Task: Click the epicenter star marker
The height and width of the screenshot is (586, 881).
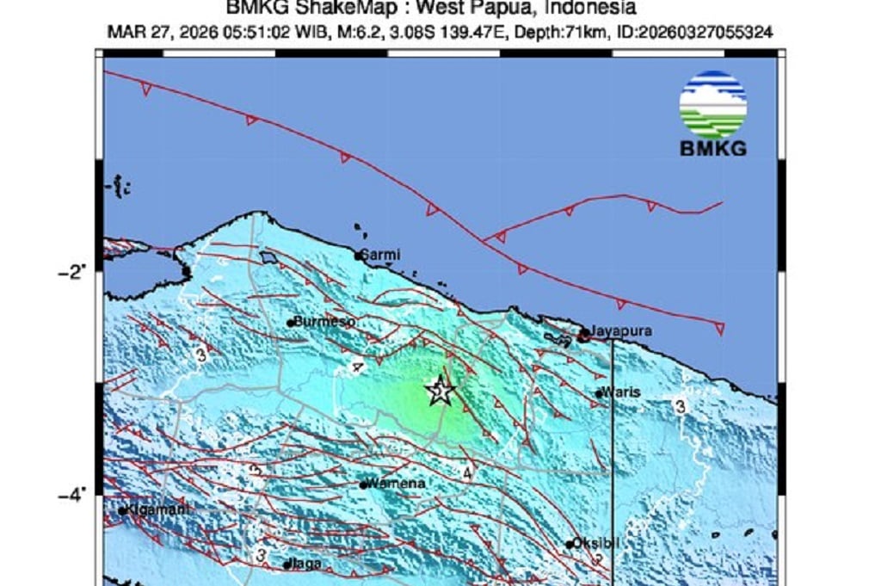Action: (440, 392)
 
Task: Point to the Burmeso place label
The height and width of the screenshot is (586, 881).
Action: (324, 321)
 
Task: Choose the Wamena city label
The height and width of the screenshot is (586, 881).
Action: (397, 484)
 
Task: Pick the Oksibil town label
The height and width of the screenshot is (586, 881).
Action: (596, 543)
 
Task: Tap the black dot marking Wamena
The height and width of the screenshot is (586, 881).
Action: (364, 484)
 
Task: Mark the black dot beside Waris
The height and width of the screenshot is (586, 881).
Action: (599, 394)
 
